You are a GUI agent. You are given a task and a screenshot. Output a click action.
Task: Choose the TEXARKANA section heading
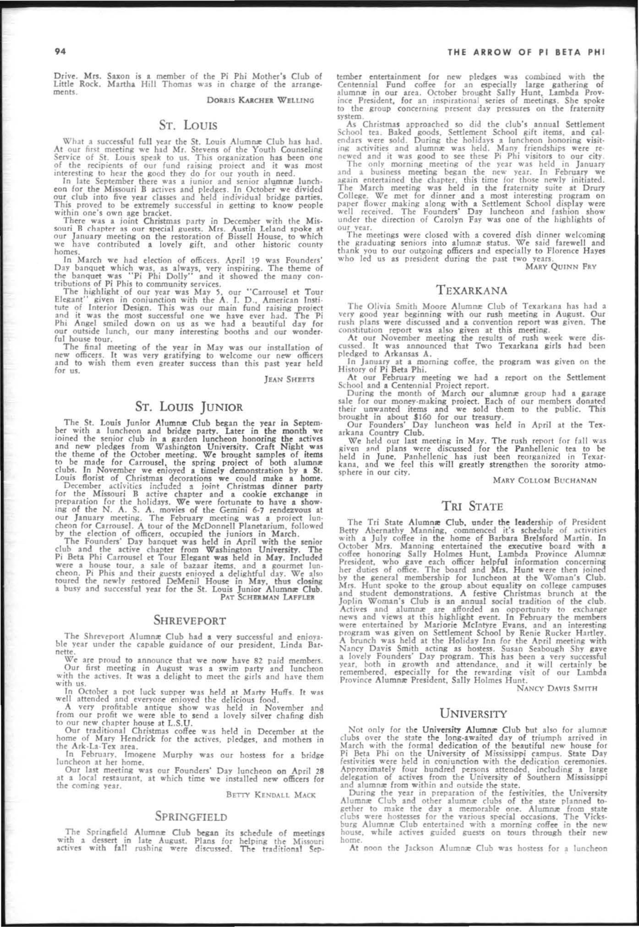click(472, 290)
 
